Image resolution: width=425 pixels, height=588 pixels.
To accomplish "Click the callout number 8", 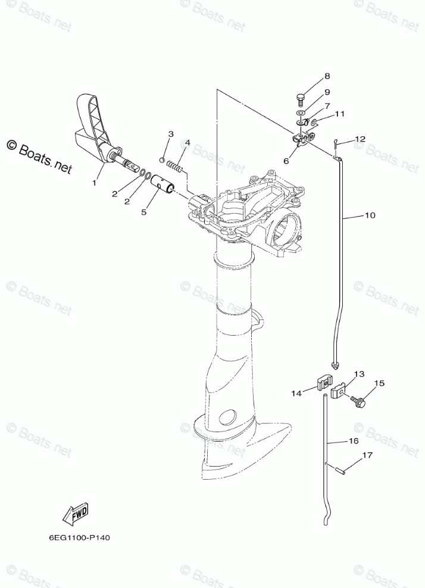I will point(327,77).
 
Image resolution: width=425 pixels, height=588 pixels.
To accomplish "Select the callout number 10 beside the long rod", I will point(370,215).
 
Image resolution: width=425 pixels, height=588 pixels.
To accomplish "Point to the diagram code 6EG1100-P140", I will point(80,537).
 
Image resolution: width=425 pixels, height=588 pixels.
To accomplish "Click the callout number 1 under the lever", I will point(94,183).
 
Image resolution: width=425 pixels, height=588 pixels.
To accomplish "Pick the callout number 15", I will point(379,383).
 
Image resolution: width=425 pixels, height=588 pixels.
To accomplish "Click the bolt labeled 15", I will point(359,401).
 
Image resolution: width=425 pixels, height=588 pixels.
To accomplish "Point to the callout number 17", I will point(367,455).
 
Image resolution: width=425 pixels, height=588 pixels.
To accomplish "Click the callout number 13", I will point(359,374).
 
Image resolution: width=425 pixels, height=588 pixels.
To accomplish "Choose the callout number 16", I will point(353,441).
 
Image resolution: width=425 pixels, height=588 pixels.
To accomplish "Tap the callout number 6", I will point(285,161).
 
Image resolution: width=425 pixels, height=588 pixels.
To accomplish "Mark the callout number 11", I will point(339,114).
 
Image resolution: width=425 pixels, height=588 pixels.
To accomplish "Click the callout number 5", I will point(143,211).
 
